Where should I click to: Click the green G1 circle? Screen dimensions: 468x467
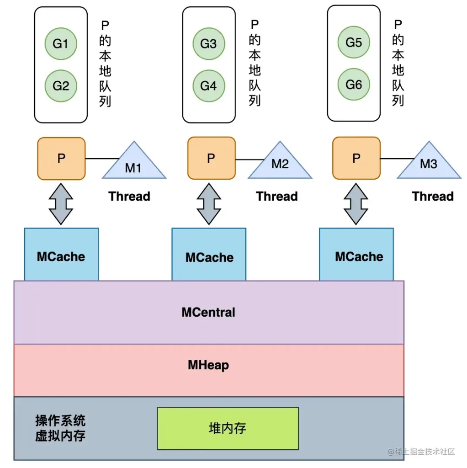(60, 44)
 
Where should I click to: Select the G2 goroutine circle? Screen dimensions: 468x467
(60, 85)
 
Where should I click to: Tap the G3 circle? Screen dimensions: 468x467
(208, 44)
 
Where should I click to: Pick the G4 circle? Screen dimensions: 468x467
(208, 85)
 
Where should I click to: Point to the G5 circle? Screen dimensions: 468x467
(354, 43)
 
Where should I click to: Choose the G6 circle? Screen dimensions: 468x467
(354, 85)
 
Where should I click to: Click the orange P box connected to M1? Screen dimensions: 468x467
(61, 159)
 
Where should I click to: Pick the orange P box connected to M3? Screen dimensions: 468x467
(356, 159)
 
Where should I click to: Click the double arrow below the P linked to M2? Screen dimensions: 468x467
(209, 204)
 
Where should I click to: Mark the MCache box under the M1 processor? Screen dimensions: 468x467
(61, 256)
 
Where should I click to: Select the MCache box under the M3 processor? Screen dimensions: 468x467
(358, 256)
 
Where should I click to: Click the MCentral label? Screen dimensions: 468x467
(208, 313)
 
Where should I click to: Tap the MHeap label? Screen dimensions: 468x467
(208, 365)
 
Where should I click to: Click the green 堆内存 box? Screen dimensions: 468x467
(228, 428)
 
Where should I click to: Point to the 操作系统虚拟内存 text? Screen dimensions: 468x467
(60, 428)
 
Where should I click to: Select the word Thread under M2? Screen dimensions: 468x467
(277, 197)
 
